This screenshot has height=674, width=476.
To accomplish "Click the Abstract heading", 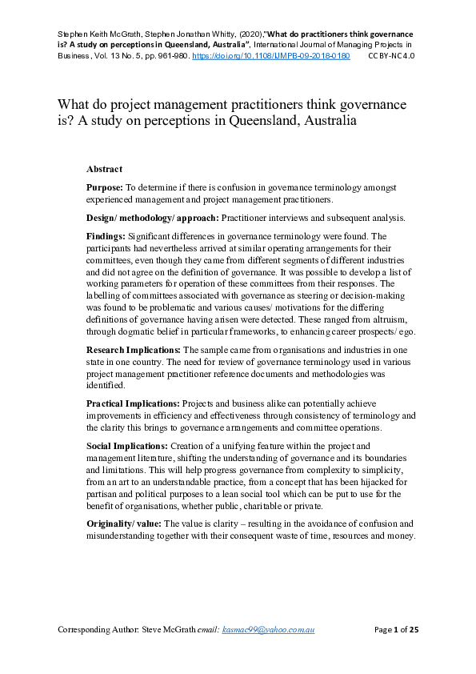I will (x=104, y=169).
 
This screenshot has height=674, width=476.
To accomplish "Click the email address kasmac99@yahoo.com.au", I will (x=268, y=630).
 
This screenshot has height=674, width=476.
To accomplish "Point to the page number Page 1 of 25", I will (x=397, y=630).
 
